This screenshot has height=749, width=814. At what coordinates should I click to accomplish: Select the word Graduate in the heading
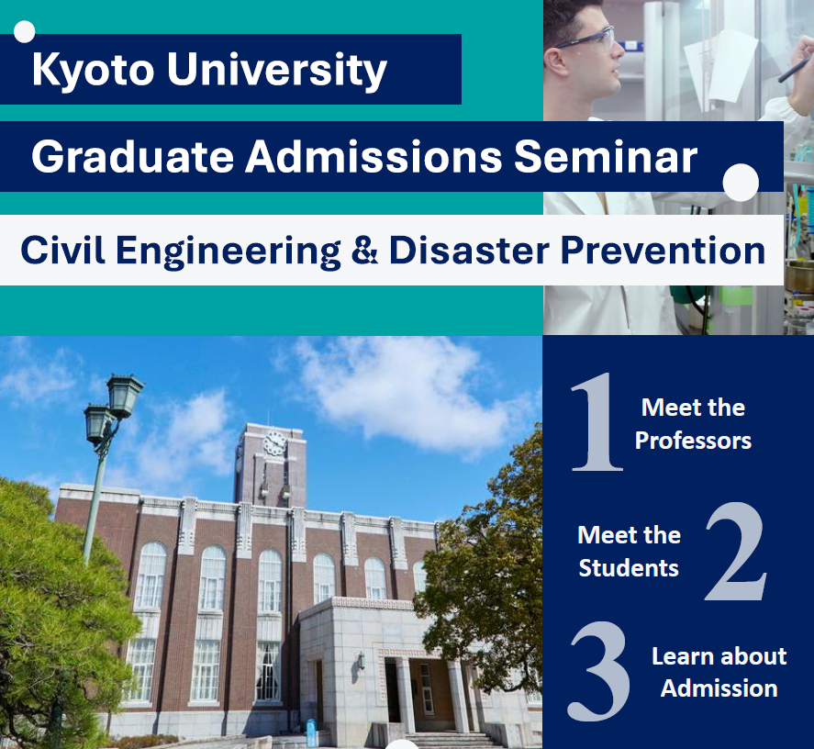(132, 157)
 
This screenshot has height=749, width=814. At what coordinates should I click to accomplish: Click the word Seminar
(606, 157)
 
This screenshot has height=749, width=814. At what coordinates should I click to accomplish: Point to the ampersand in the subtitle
(364, 251)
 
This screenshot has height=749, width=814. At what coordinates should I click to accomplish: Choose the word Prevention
(663, 251)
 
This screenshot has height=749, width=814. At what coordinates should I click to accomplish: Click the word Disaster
(469, 251)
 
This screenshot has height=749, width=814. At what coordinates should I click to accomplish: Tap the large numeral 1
(597, 421)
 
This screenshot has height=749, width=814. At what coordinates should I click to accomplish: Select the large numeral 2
(736, 552)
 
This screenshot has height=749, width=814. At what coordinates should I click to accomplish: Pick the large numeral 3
(598, 671)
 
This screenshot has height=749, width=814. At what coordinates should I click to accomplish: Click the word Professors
(693, 441)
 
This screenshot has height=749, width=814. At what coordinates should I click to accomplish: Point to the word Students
(629, 568)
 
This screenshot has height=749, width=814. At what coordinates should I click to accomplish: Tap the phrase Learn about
(719, 656)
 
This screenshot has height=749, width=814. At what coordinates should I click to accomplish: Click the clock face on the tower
(274, 443)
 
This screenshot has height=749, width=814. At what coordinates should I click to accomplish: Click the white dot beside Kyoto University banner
(25, 32)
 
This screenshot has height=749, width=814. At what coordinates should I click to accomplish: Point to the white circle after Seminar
(741, 183)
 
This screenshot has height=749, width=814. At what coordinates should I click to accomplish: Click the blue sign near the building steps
(311, 732)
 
